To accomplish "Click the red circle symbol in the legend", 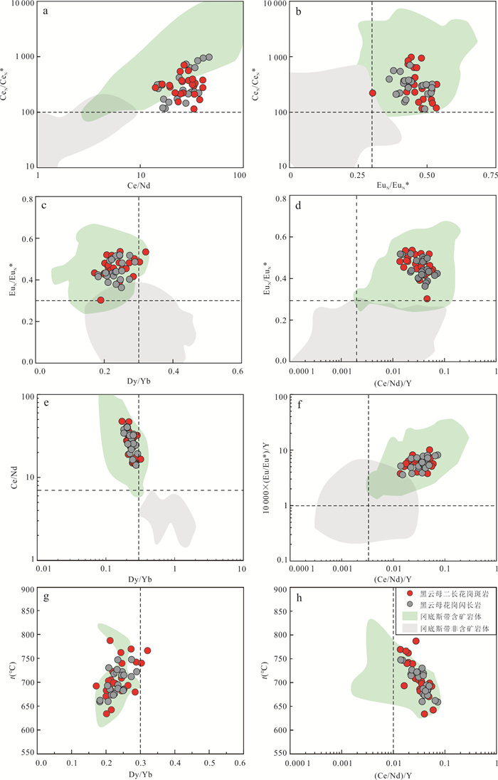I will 409,592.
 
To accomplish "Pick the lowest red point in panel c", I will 101,300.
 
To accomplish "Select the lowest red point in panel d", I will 427,298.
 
